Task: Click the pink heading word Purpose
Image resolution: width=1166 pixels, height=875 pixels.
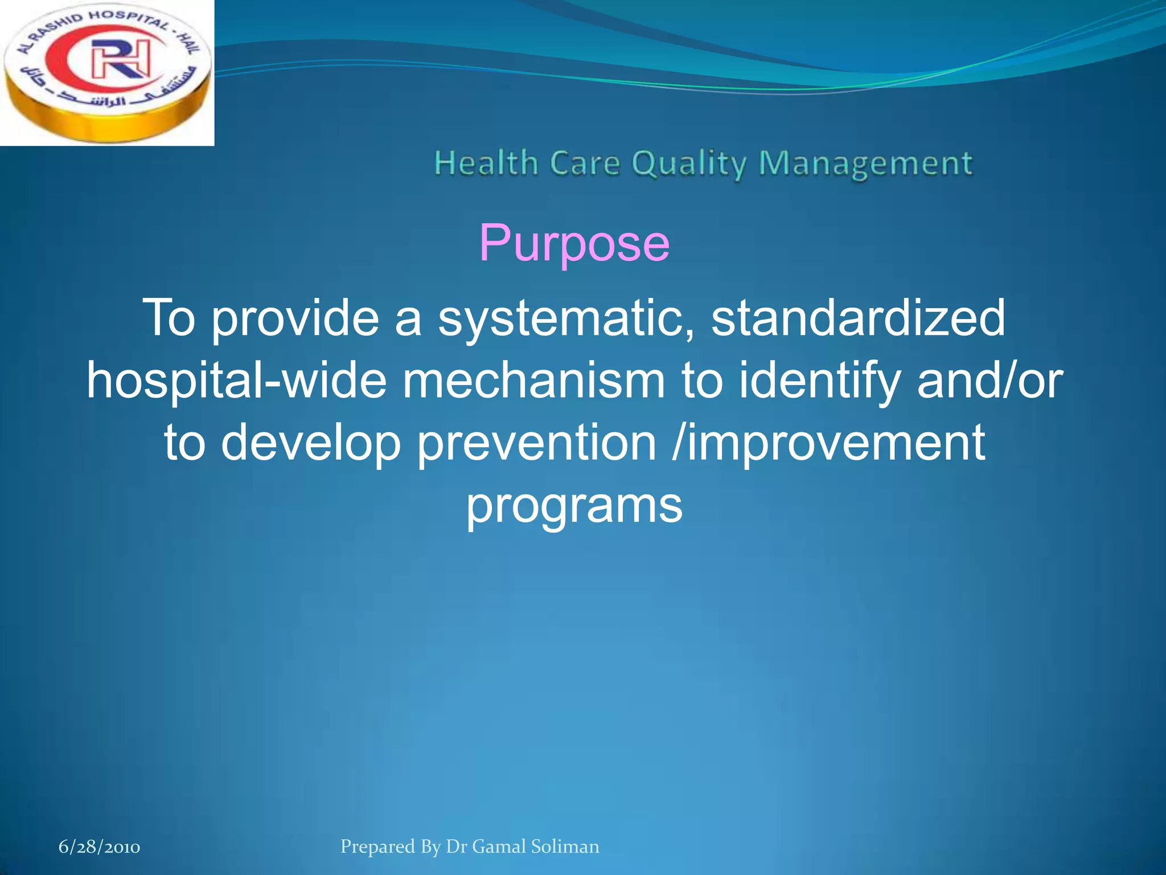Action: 574,244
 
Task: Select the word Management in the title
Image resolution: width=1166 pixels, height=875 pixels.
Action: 865,164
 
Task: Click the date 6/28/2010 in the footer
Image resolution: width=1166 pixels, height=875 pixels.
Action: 99,847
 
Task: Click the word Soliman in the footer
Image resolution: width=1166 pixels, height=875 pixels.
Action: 565,847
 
